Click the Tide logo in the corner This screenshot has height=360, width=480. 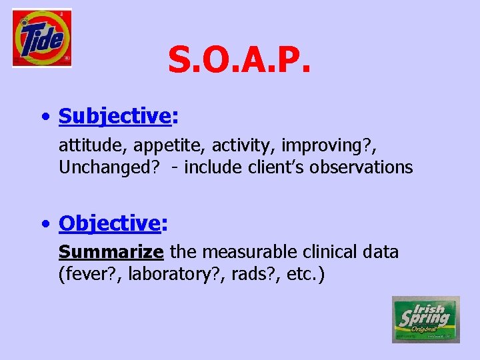click(41, 38)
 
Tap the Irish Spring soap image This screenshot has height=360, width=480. click(425, 319)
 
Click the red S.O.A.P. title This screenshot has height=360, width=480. click(239, 60)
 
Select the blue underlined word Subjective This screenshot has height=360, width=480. click(115, 116)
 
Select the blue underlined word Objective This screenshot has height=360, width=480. click(109, 223)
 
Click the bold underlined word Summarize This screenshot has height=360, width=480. click(111, 252)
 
